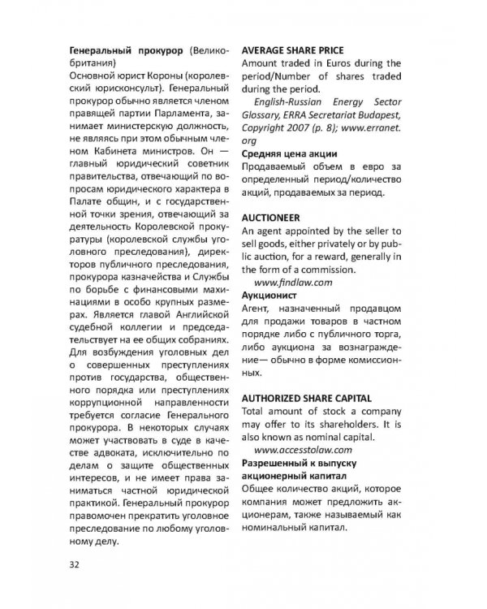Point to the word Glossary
click(265, 115)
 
